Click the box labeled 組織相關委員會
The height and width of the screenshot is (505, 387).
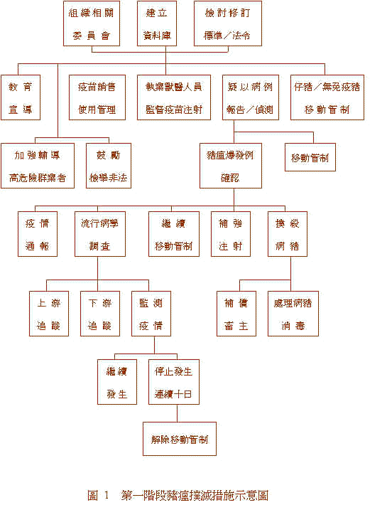(x=92, y=23)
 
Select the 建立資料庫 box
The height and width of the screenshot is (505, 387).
(x=156, y=23)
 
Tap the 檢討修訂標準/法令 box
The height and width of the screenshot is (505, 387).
(x=227, y=23)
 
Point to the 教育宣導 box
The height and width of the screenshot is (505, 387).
(x=21, y=97)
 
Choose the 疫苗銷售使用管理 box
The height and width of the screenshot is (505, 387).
(x=97, y=97)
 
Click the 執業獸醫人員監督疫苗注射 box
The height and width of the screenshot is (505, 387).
(x=169, y=97)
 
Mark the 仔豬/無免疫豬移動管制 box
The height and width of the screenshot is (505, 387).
(x=327, y=97)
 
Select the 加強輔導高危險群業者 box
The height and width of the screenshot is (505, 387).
(x=38, y=166)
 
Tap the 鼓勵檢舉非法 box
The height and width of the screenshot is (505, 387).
(x=109, y=166)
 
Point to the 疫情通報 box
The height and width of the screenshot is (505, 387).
(x=38, y=234)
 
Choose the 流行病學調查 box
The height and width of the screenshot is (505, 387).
(x=100, y=234)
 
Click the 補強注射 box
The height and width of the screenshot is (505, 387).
(x=231, y=234)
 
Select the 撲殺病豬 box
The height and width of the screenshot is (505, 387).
(x=291, y=234)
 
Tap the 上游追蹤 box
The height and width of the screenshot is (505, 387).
(x=49, y=314)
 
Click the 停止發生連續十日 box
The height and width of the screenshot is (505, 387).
(x=174, y=382)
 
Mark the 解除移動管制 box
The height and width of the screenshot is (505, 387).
(x=180, y=439)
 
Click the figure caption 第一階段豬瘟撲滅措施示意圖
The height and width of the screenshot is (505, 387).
(x=195, y=495)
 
